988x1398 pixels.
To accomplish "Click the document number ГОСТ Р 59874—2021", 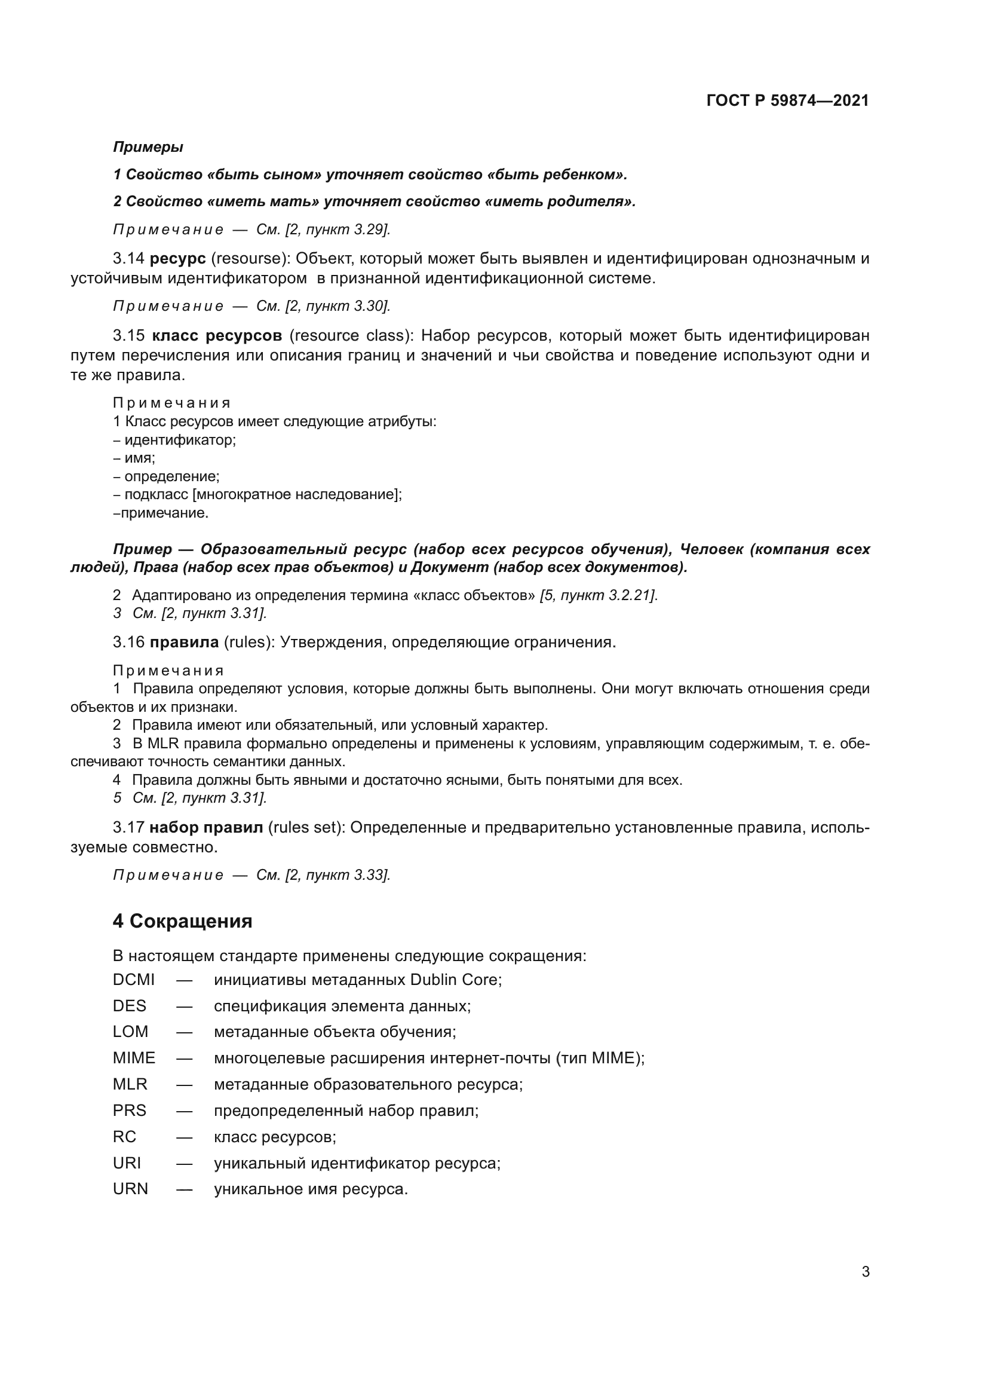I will (787, 101).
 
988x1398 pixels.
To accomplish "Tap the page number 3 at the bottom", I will (865, 1271).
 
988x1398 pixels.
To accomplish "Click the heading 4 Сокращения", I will (182, 920).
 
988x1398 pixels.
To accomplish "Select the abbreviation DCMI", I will (133, 980).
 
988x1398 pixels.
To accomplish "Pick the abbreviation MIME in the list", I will (134, 1059).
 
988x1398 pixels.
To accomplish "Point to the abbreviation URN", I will (130, 1189).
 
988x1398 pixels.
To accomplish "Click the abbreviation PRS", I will (130, 1110).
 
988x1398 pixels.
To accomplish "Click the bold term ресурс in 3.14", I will (177, 258).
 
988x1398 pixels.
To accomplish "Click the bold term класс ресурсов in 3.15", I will (217, 335).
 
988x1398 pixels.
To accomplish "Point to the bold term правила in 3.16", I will (184, 642).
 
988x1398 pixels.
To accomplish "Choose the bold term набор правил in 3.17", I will (206, 827).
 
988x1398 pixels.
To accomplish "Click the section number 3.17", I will (128, 827).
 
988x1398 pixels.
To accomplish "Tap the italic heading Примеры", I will (148, 147).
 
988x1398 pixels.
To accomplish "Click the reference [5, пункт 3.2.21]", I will (599, 595).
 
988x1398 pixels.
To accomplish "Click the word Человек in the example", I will (711, 549).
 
